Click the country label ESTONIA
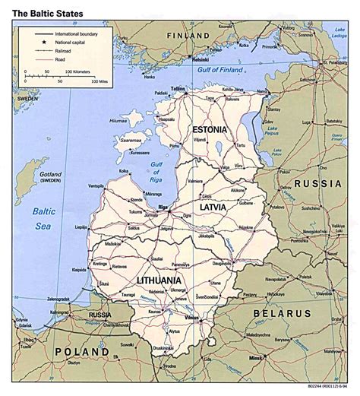coord(209,129)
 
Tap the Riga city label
coord(159,205)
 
